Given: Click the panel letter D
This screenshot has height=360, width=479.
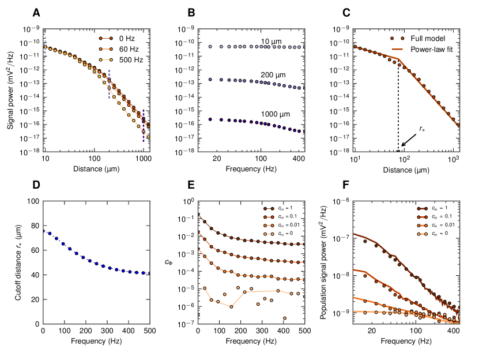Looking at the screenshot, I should (36, 186).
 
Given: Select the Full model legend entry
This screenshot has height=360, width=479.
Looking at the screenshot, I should (418, 39).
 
